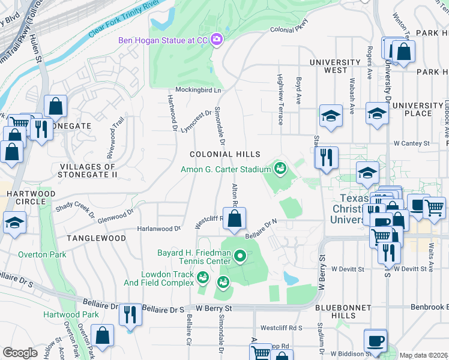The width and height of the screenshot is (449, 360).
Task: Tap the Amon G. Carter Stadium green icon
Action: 280,169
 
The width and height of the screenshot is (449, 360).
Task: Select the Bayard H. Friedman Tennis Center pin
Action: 240,257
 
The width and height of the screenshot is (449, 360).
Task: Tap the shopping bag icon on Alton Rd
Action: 235,220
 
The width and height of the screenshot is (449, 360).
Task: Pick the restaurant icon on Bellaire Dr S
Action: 130,314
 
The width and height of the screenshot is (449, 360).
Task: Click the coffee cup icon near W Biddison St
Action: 376,340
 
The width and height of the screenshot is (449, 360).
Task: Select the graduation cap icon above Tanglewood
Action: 14,223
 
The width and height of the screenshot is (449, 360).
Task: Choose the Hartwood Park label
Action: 71,314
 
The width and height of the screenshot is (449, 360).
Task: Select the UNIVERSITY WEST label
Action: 334,67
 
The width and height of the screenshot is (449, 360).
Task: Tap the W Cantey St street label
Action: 412,143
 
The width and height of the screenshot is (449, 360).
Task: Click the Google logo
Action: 20,353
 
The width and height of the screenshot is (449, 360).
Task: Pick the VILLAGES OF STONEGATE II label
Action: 88,170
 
